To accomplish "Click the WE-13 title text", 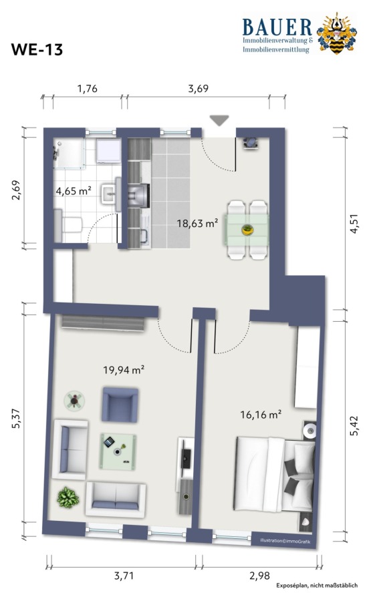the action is pos(37,50).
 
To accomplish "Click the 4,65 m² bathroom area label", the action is pos(74,190).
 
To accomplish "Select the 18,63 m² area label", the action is pos(197,222).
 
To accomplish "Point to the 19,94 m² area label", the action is pos(124,369).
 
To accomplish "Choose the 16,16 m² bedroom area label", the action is pos(261,414).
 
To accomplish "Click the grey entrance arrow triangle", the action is pos(219,120).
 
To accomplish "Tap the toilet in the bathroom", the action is pos(68,226).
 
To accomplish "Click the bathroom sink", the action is pos(111,194).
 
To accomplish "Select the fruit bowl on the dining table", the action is pos(247,230).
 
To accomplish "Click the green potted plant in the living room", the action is pos(68,497).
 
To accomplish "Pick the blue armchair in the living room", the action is pos(120,405).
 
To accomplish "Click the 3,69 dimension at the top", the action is pos(199,89).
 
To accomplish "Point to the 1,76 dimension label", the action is pos(88,89).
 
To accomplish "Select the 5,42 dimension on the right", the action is pos(354,425).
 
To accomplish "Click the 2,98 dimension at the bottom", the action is pos(259,576).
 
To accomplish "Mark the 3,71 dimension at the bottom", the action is pos(124,576).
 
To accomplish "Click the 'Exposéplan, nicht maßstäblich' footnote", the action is pos(317,585).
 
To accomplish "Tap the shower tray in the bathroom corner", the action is pos(69,154).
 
